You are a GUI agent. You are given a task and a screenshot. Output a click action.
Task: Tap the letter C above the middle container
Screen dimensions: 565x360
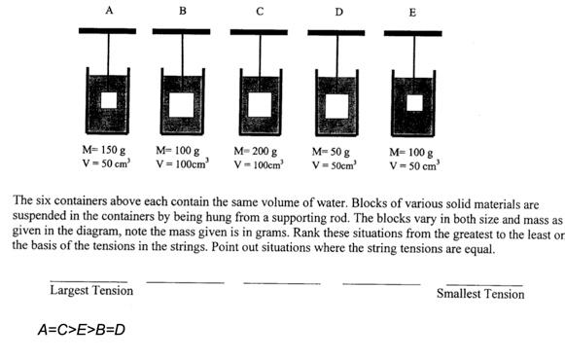258,12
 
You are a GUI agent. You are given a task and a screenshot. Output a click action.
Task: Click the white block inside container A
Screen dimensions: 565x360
108,100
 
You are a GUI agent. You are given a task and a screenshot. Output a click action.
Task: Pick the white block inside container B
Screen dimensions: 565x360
183,102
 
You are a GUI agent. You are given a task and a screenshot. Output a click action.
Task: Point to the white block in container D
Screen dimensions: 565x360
336,104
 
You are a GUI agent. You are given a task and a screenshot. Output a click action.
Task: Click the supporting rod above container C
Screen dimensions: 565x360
259,32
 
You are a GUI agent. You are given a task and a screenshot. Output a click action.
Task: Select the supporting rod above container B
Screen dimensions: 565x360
183,32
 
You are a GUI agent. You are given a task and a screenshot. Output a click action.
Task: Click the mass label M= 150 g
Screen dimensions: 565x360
104,151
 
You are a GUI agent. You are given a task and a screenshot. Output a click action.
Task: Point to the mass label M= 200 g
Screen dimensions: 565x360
256,152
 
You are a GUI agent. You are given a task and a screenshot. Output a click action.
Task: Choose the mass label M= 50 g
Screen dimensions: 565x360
331,152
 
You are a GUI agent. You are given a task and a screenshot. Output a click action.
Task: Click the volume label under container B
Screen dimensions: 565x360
181,165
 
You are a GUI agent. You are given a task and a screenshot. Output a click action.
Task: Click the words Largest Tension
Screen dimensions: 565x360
91,291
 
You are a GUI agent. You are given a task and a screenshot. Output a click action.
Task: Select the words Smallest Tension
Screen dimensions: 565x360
480,293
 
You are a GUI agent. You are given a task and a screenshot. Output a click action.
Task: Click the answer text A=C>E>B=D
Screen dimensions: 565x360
81,330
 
